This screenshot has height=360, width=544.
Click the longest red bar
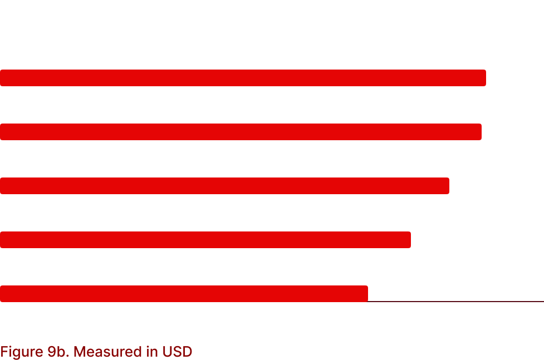tap(243, 78)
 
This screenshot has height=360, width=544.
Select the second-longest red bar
tap(241, 132)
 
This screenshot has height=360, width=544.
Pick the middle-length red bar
tap(224, 186)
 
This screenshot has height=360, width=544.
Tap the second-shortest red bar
tap(205, 240)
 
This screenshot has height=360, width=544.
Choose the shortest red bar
tap(184, 294)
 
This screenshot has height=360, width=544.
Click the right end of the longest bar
tap(486, 78)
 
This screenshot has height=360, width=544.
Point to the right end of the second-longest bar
tap(482, 132)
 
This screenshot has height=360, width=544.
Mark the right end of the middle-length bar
tap(449, 186)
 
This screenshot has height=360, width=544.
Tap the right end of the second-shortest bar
tap(411, 240)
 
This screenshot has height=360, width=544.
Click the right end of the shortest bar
tap(367, 294)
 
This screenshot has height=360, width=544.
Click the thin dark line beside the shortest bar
tap(456, 302)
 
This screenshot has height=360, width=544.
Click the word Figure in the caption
tap(22, 352)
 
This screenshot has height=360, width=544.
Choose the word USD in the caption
tap(177, 352)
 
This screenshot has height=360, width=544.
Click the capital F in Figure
tap(4, 352)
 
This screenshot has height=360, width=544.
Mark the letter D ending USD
tap(187, 352)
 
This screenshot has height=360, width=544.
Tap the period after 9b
tap(67, 357)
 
